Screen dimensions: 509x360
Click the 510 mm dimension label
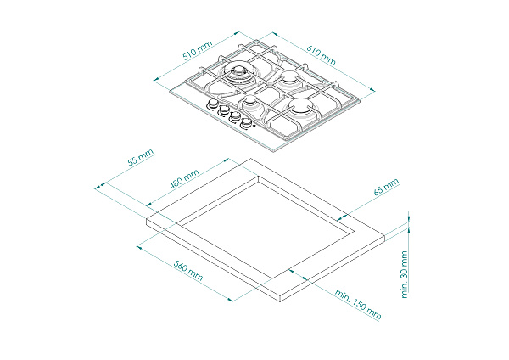pos(198,50)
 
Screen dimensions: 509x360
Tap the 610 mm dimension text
pos(321,54)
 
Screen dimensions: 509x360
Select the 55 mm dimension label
pos(140,158)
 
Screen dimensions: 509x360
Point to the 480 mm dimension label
pos(184,178)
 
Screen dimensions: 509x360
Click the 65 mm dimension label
pos(386,187)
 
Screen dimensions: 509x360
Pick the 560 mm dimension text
pos(188,271)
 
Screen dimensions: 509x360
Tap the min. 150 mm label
pos(358,305)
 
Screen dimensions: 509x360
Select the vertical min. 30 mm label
pos(404,274)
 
